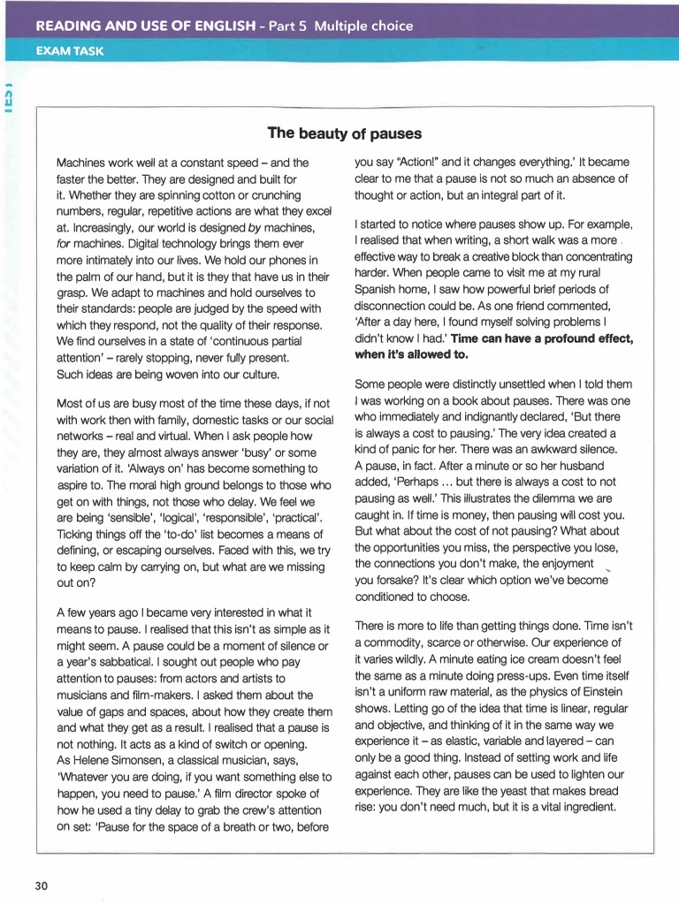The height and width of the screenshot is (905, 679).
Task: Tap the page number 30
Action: pyautogui.click(x=42, y=886)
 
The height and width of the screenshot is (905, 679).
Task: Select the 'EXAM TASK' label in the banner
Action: pyautogui.click(x=69, y=51)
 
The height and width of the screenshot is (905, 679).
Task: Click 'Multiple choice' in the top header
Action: pyautogui.click(x=363, y=26)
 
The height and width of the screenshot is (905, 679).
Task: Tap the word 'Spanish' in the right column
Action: pyautogui.click(x=375, y=290)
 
